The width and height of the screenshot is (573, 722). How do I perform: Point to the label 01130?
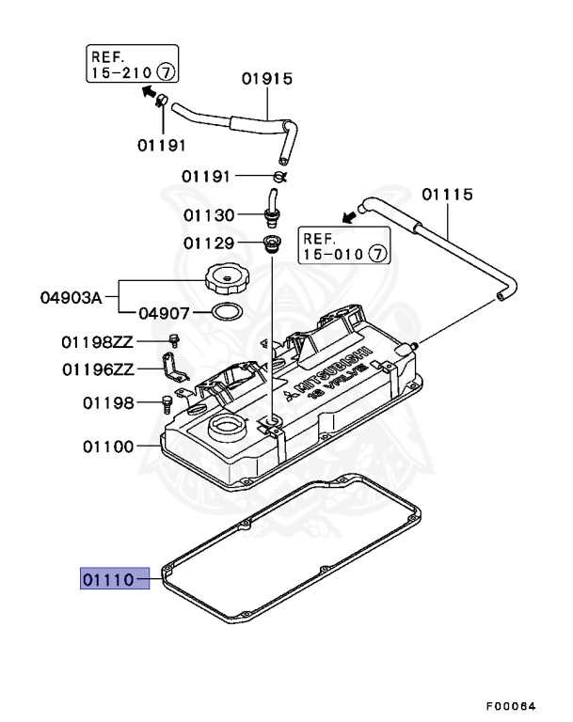(209, 215)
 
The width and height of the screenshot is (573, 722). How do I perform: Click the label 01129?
(209, 244)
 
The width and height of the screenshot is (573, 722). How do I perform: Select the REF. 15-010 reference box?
(343, 244)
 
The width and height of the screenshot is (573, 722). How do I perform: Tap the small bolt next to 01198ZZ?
(174, 339)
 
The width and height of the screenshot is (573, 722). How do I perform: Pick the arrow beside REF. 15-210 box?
(148, 90)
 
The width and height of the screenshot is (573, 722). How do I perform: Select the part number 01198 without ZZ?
(108, 403)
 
